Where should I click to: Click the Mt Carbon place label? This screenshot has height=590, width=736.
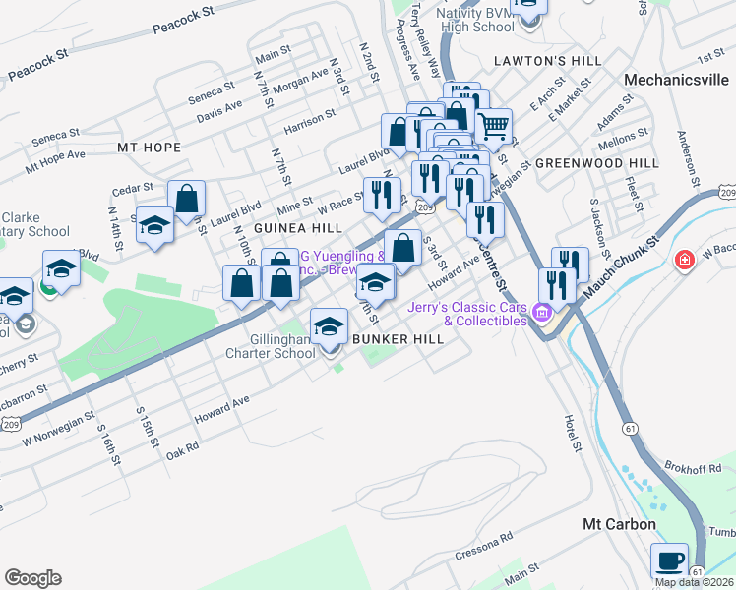coord(619,524)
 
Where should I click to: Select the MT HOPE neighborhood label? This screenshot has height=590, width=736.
coord(150,147)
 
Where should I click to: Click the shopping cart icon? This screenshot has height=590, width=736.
coord(494,126)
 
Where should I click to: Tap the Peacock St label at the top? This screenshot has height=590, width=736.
coord(183,22)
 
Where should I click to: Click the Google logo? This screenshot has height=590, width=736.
coord(32,578)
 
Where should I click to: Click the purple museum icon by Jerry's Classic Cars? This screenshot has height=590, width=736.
coord(540,314)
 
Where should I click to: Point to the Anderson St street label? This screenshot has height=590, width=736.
coord(687,158)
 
